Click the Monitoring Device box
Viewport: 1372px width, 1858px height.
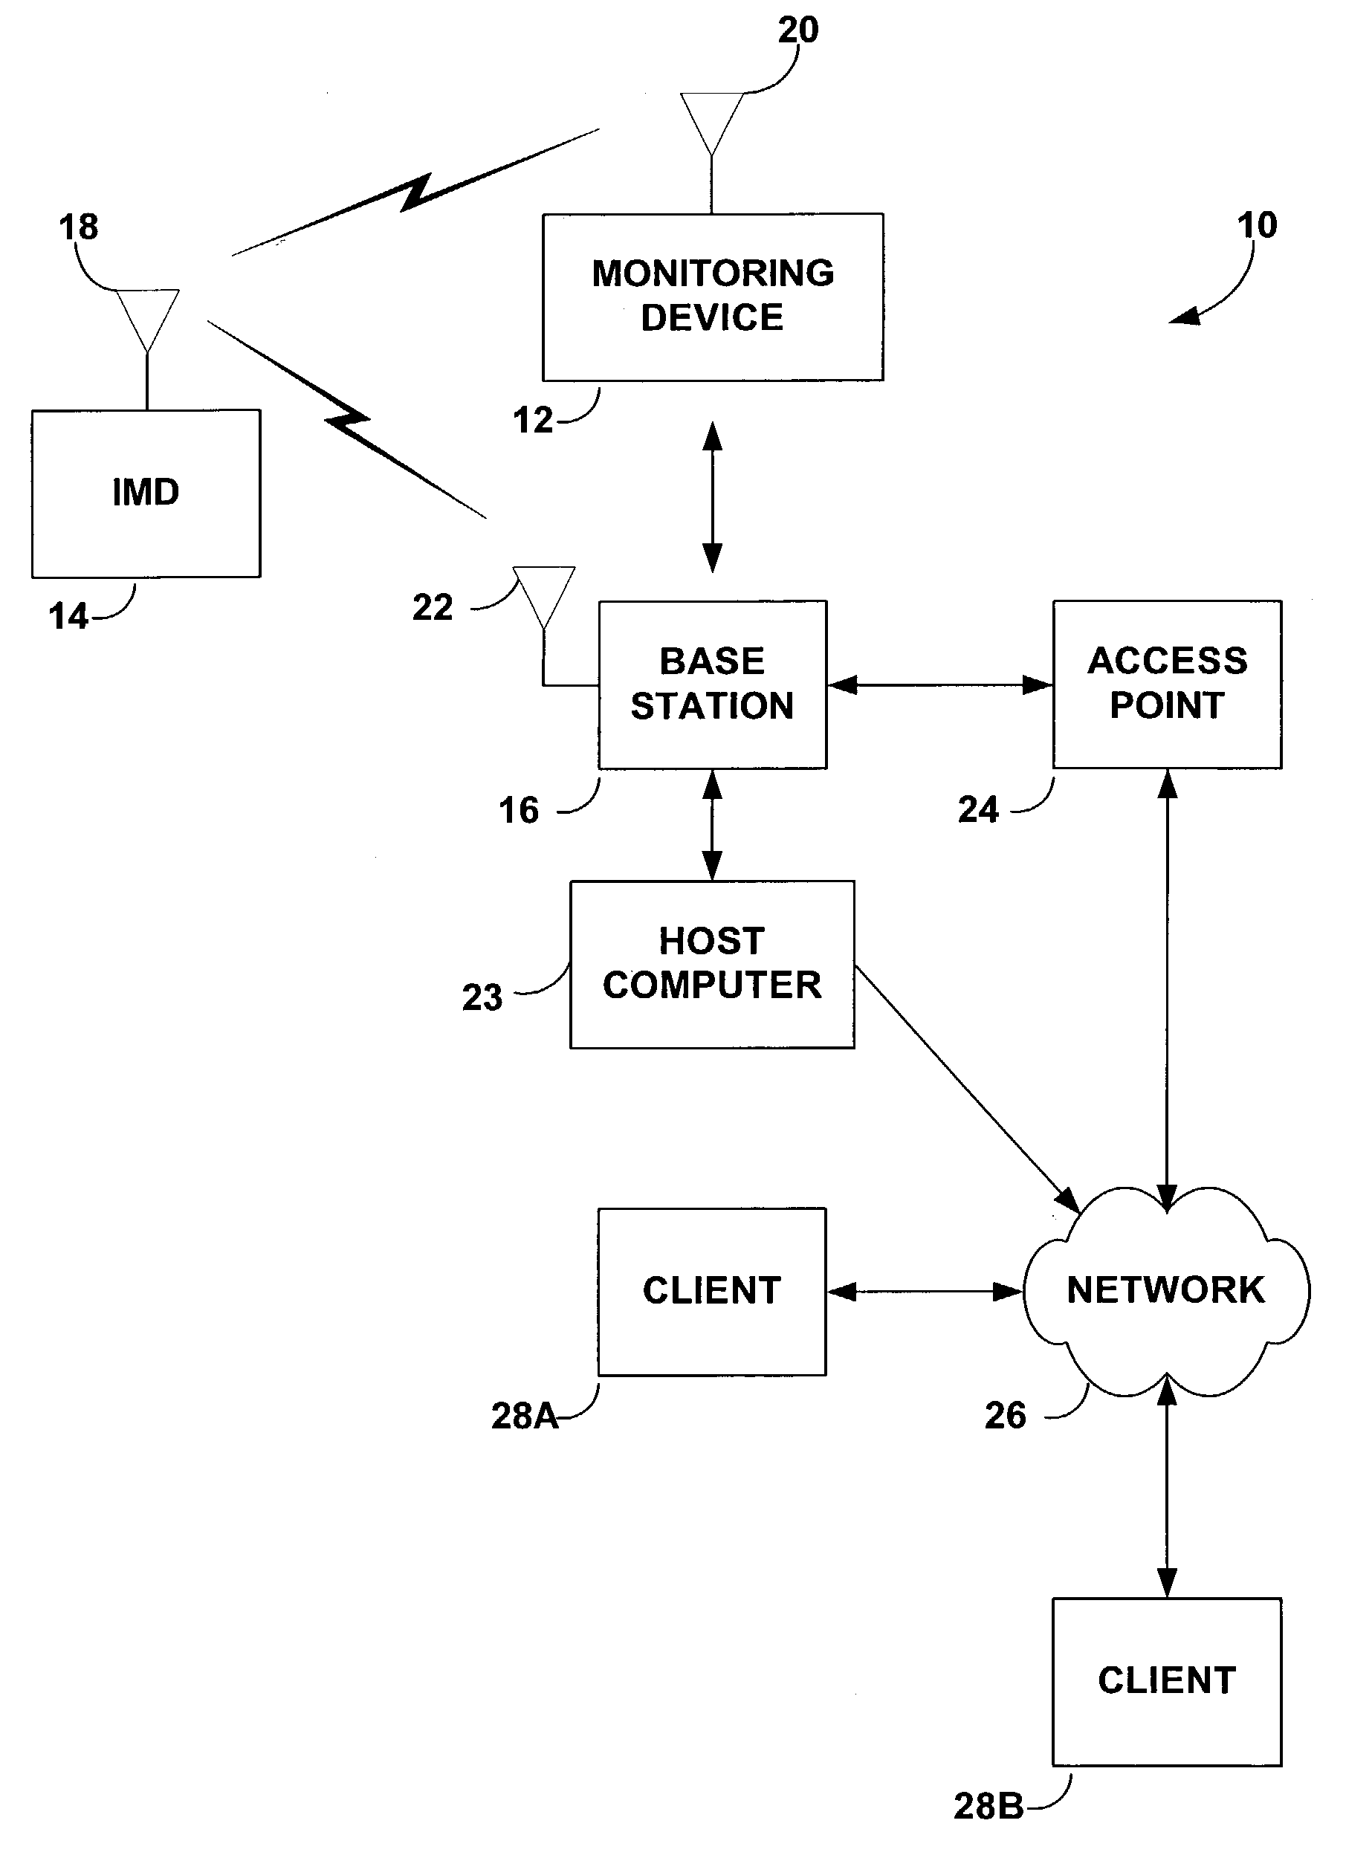(x=713, y=297)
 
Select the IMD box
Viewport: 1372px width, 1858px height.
(x=146, y=493)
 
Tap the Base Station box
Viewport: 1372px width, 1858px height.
(x=713, y=684)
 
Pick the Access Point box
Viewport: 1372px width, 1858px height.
(x=1167, y=684)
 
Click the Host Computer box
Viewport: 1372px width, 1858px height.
(x=712, y=963)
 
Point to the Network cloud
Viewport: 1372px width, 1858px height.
(x=1166, y=1290)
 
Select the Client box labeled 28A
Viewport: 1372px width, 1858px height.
(x=712, y=1291)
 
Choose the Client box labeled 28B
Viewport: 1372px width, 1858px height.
(x=1167, y=1680)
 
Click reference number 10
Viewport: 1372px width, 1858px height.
(x=1257, y=225)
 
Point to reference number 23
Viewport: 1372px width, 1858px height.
(x=482, y=997)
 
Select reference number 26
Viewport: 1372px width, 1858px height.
(x=1005, y=1415)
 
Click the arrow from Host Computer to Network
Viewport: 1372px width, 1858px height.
(x=968, y=1089)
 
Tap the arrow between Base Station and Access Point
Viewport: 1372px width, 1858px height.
(x=940, y=684)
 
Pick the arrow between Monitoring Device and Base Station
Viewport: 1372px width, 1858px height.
(x=712, y=496)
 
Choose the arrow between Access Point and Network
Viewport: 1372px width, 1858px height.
(x=1167, y=988)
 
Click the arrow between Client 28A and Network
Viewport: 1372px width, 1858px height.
(x=925, y=1291)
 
